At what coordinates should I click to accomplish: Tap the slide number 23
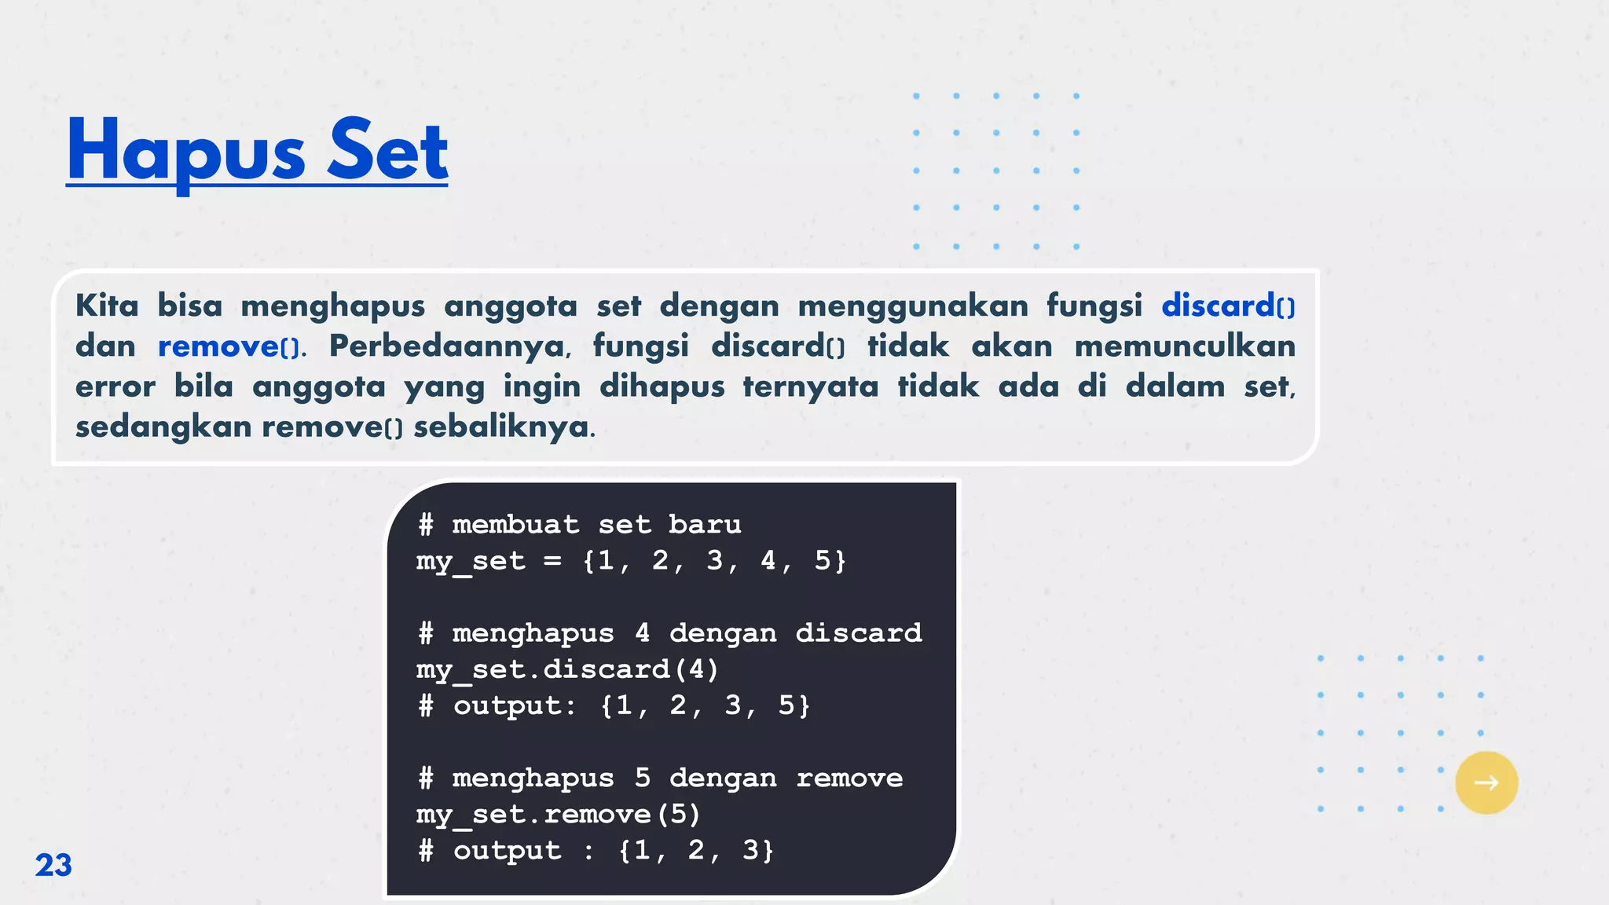tap(53, 865)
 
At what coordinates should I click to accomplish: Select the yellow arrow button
tap(1486, 782)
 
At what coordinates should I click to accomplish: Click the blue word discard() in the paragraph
tap(1227, 306)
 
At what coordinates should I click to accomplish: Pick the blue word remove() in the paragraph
tap(229, 346)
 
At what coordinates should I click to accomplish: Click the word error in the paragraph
tap(115, 387)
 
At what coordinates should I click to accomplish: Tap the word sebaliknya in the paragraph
tap(504, 427)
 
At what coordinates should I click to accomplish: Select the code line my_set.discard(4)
tap(567, 669)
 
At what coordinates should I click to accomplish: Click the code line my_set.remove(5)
tap(558, 815)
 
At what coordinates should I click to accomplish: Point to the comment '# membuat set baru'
tap(580, 524)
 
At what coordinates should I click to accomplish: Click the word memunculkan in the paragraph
tap(1185, 346)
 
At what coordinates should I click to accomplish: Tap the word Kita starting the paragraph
tap(107, 306)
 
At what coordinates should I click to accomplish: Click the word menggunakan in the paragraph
tap(913, 306)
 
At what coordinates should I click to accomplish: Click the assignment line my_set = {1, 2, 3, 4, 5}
tap(632, 561)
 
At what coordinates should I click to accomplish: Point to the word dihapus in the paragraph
tap(662, 387)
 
